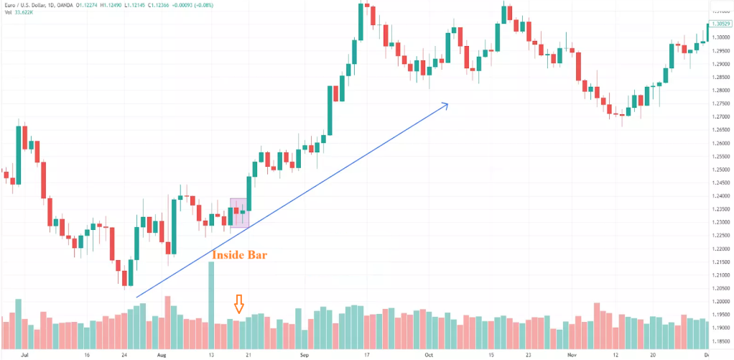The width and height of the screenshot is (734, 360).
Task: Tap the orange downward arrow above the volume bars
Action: [x=240, y=304]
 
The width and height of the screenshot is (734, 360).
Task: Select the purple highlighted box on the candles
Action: [x=238, y=213]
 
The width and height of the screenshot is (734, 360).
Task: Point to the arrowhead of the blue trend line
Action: [x=445, y=106]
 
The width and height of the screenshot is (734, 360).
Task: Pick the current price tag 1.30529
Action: [x=720, y=24]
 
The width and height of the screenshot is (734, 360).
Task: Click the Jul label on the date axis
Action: [x=26, y=355]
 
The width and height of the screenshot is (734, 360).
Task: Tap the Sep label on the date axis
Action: [x=305, y=355]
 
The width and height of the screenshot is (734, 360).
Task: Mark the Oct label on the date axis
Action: [x=429, y=355]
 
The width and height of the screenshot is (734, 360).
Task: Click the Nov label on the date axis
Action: [x=571, y=355]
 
